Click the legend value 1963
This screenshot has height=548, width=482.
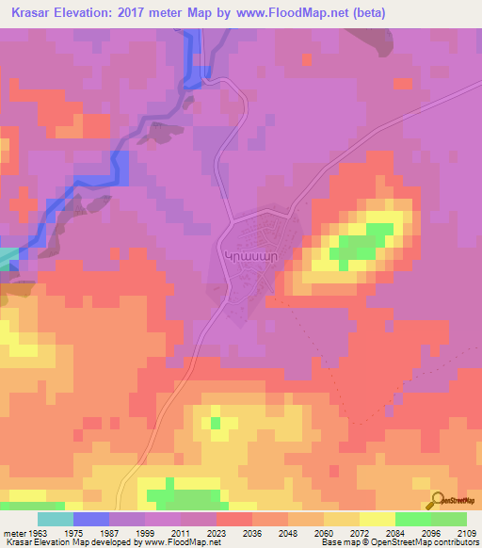coord(37,532)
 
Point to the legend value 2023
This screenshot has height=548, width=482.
coord(217,532)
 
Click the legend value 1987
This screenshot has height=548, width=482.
coord(109,532)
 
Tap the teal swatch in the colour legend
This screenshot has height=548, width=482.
coord(56,519)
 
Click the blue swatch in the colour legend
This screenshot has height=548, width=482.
coord(91,519)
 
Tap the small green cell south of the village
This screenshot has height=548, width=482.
coord(216,423)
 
